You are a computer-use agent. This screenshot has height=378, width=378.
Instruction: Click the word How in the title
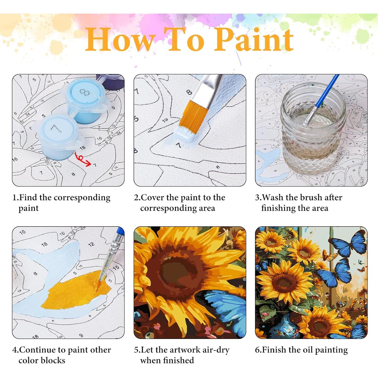120,40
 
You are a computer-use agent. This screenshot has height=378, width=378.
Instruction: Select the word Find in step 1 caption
28,197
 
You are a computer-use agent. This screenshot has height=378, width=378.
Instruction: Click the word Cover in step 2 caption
152,197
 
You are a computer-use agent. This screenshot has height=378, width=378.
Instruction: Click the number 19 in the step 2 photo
165,120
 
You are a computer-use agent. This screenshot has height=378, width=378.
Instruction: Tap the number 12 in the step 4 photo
91,244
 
